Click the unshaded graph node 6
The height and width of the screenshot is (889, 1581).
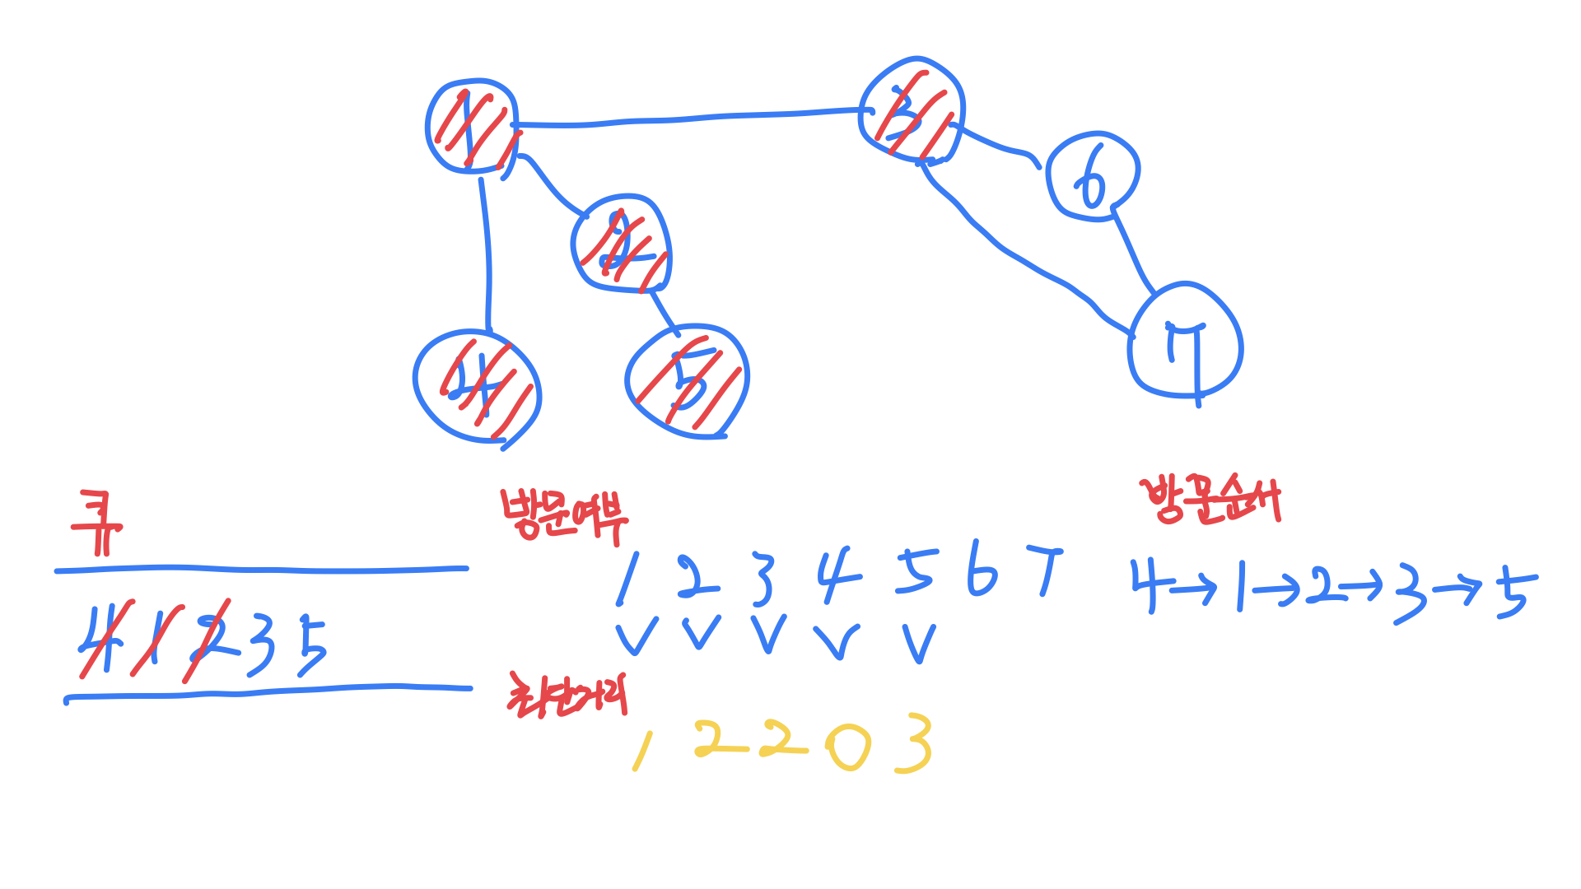(x=1092, y=176)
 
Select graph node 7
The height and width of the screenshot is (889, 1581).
(x=1185, y=342)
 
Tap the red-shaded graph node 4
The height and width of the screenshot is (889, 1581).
(x=477, y=386)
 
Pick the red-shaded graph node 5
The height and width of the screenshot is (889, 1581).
(x=687, y=382)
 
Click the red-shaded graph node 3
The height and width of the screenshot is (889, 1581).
(x=912, y=111)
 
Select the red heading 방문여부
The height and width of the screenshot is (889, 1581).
(x=564, y=516)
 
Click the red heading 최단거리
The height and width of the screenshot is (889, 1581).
(x=567, y=696)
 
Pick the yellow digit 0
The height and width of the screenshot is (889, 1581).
(x=848, y=747)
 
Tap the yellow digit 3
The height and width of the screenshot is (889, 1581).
(x=915, y=743)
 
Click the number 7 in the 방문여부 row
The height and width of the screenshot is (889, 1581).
(x=1046, y=568)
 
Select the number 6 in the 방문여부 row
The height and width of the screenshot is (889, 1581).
(x=982, y=568)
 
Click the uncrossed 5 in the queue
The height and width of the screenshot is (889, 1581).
(x=311, y=647)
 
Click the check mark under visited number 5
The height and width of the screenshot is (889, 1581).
(x=919, y=643)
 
